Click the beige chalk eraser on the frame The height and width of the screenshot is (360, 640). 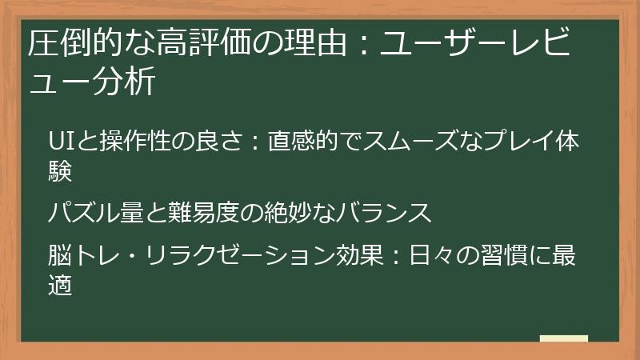tap(563, 338)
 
